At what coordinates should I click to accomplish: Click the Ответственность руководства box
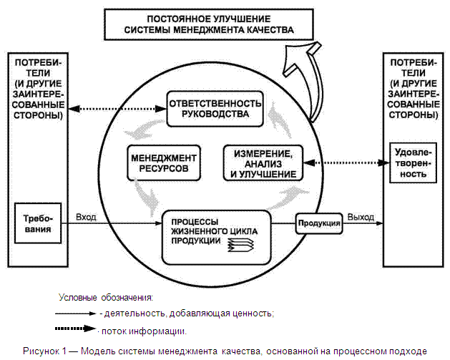pyautogui.click(x=214, y=107)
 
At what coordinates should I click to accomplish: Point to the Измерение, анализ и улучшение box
pyautogui.click(x=260, y=164)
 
